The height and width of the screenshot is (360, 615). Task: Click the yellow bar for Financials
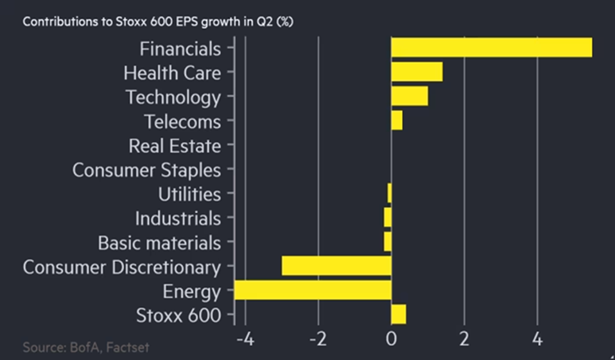tap(491, 47)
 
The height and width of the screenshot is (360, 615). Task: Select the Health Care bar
tap(417, 72)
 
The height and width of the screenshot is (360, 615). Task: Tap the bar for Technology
tap(410, 96)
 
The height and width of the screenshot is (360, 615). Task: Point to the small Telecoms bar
tap(397, 121)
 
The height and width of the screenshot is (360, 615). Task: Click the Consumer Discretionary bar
tap(336, 266)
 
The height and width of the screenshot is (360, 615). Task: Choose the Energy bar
tap(313, 290)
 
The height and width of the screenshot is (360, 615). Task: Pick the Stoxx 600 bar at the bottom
tap(399, 314)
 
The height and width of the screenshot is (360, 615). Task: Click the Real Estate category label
tap(175, 146)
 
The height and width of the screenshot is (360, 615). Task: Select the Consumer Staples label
tap(146, 170)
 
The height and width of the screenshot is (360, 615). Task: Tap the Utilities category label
tap(189, 194)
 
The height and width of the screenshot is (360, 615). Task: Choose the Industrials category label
tap(178, 218)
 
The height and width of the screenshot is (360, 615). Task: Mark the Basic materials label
tap(159, 243)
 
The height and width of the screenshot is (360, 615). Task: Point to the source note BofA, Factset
tap(87, 347)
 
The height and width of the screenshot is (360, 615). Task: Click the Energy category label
tap(191, 291)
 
